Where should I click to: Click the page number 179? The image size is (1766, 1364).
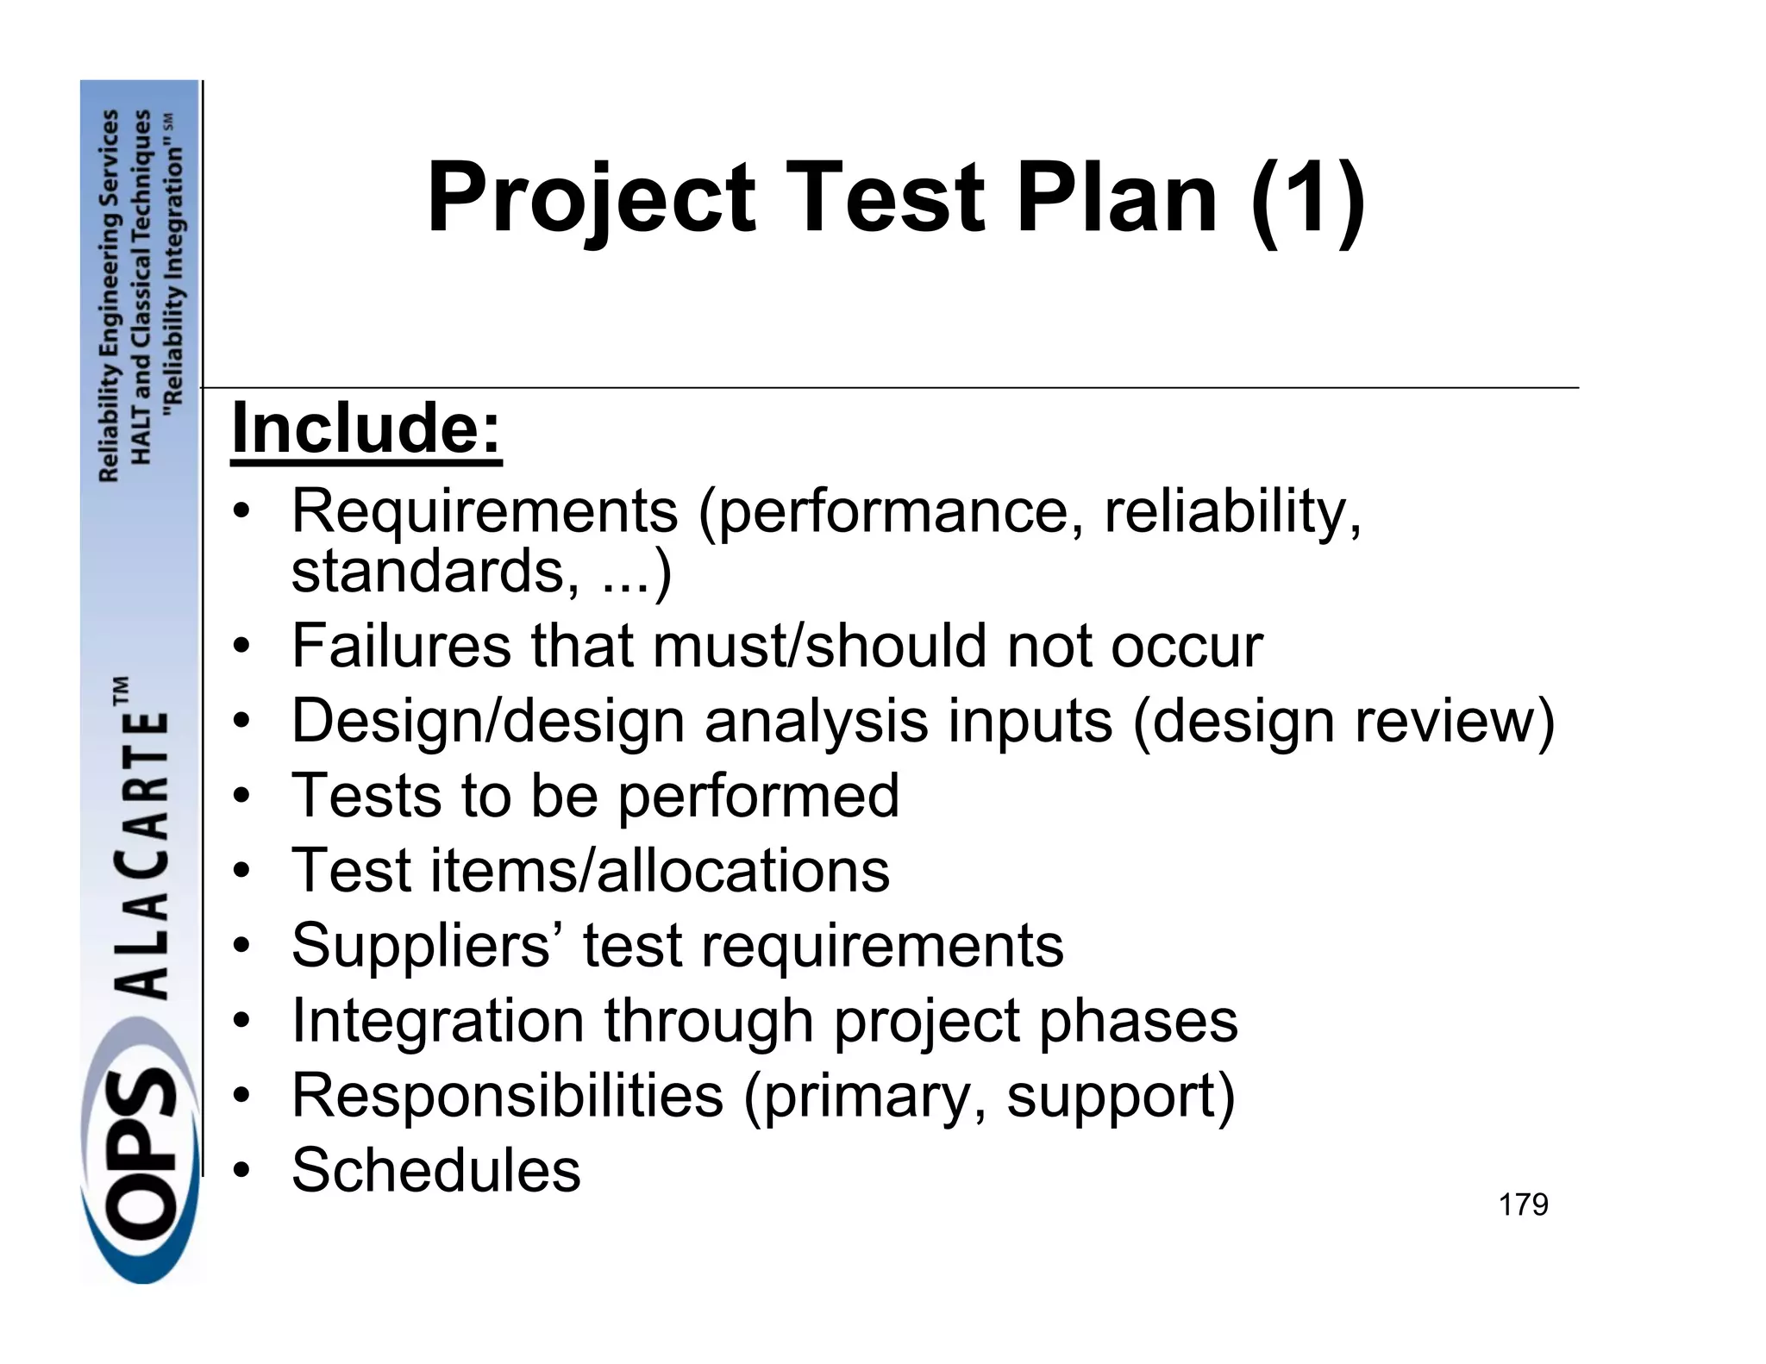click(1523, 1204)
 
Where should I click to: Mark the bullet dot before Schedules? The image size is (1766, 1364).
click(245, 1172)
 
